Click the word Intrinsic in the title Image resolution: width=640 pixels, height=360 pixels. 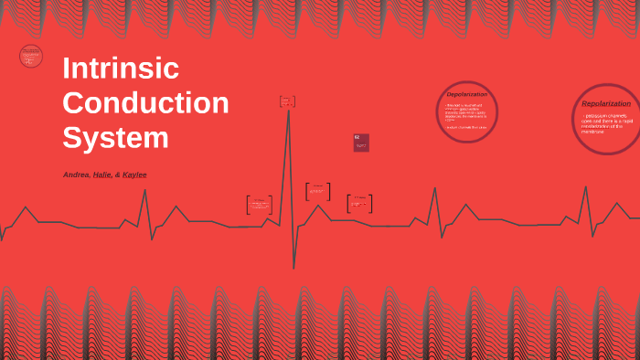(120, 69)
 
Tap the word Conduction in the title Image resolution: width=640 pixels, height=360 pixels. (145, 102)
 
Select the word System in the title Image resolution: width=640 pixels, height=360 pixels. (115, 137)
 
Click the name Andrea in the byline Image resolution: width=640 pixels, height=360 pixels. (76, 175)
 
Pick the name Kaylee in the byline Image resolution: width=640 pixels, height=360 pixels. (134, 175)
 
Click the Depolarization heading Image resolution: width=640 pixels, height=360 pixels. (466, 94)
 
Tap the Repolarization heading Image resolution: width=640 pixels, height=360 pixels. (606, 103)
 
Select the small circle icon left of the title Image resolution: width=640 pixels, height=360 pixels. (31, 56)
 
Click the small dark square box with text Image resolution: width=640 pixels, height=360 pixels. (361, 143)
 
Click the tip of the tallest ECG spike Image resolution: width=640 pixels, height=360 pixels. (288, 111)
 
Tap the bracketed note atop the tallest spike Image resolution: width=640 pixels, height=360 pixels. (287, 101)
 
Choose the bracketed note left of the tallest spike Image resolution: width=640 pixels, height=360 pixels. (259, 205)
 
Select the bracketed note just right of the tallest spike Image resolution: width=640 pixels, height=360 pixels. (317, 192)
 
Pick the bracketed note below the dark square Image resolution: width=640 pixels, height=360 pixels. (359, 203)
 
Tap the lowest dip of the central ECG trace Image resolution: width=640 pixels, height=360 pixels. (293, 268)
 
